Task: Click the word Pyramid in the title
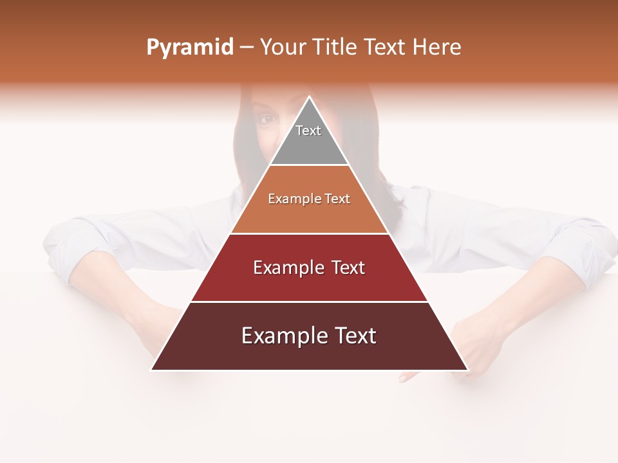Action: (x=189, y=48)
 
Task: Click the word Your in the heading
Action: (x=283, y=48)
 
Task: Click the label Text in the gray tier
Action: (x=308, y=131)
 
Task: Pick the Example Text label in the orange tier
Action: (x=309, y=199)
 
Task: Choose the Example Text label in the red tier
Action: (x=309, y=268)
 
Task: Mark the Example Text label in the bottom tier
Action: (x=309, y=336)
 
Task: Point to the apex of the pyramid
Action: (x=309, y=97)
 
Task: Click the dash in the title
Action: (x=246, y=48)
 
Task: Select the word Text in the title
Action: (x=387, y=48)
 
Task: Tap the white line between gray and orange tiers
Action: (x=309, y=165)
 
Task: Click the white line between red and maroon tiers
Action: (x=309, y=302)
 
